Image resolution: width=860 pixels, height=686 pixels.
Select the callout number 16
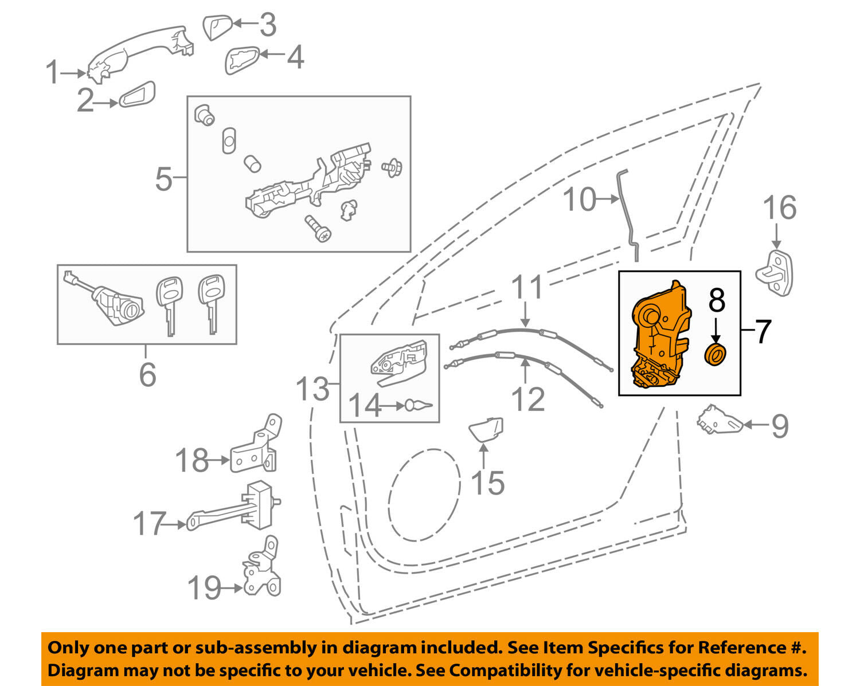click(x=779, y=207)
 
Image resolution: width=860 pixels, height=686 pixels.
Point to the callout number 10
click(x=580, y=200)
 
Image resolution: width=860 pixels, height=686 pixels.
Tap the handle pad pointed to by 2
click(x=136, y=95)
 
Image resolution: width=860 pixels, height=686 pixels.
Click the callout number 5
click(x=163, y=179)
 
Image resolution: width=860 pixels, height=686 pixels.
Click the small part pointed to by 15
click(x=486, y=429)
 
